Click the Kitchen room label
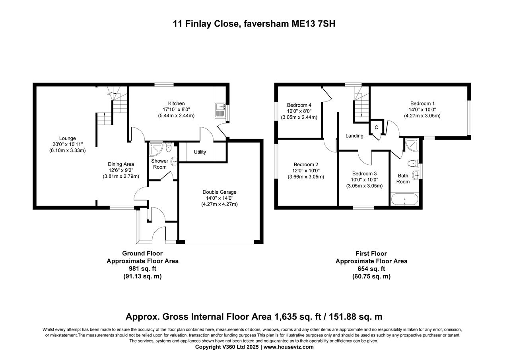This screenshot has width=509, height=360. point(176,103)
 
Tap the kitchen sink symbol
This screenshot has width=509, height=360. point(220,111)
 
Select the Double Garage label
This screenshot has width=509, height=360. point(219,192)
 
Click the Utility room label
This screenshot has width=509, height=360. point(200,152)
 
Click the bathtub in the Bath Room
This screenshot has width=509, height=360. point(404,199)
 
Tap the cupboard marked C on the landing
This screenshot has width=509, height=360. point(376,127)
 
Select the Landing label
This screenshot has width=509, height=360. point(354,136)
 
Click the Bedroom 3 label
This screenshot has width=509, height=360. point(364,173)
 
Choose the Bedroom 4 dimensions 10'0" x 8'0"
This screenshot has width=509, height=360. point(299,111)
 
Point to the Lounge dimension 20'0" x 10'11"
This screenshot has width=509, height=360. point(67,144)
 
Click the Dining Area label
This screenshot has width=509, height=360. point(121,164)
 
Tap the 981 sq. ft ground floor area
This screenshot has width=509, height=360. point(142,269)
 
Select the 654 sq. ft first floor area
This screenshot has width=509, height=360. point(371,269)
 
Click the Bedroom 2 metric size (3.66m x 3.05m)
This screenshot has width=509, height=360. point(306,177)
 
